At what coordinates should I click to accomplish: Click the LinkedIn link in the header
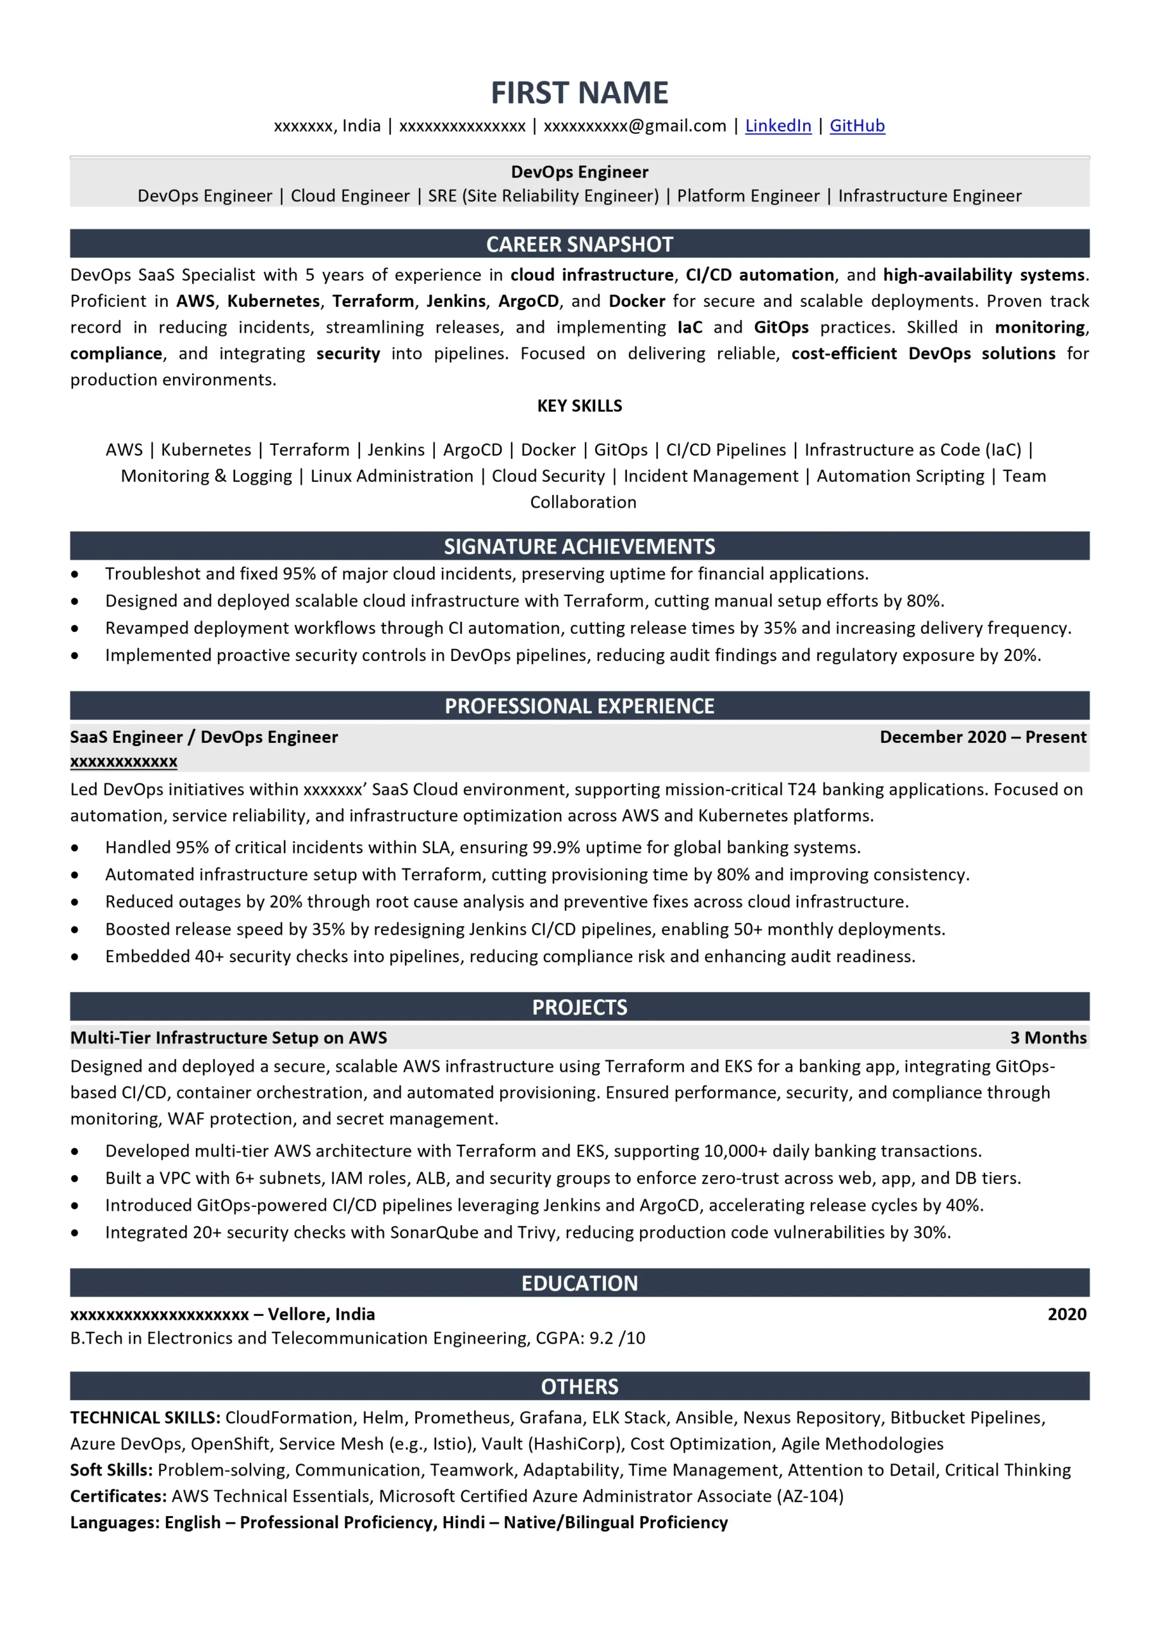point(778,126)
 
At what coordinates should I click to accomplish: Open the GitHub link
point(856,126)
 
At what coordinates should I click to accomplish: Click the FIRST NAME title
point(579,93)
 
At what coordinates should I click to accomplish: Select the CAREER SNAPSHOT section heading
point(579,244)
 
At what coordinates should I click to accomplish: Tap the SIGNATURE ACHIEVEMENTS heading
point(579,547)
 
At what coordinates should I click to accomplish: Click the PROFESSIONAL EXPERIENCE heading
point(579,706)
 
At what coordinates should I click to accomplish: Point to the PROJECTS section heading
point(579,1007)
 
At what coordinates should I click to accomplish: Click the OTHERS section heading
point(579,1387)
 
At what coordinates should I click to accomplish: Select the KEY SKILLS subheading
point(579,406)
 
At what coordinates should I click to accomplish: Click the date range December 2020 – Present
point(983,737)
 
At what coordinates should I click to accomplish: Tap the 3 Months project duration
point(1048,1038)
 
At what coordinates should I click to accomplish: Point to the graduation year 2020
point(1066,1314)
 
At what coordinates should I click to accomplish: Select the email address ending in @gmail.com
point(634,126)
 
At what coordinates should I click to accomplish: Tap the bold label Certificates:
point(118,1496)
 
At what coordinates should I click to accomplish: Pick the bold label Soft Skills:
point(111,1470)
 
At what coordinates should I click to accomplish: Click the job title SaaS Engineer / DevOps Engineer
point(204,737)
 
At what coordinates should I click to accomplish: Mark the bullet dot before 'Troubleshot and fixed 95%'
point(75,574)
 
